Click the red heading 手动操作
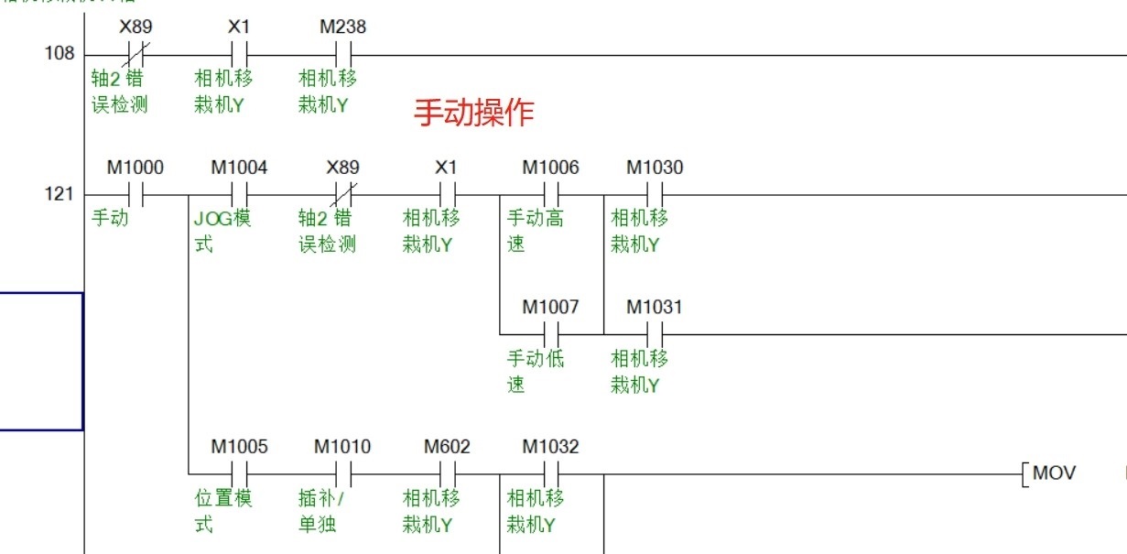(x=473, y=113)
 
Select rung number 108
(x=60, y=54)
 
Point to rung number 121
(x=60, y=195)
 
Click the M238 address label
(x=342, y=27)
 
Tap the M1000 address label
(x=135, y=168)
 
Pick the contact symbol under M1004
(x=240, y=195)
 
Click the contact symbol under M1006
(x=551, y=195)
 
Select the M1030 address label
(x=655, y=168)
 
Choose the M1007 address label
(x=551, y=308)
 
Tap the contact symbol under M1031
(x=655, y=334)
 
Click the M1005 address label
(x=240, y=447)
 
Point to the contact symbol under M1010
(x=343, y=474)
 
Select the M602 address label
(x=447, y=447)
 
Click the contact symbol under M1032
(x=551, y=474)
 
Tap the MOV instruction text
(x=1054, y=473)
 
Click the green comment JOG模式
(x=223, y=232)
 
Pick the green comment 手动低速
(x=536, y=371)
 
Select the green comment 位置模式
(x=223, y=511)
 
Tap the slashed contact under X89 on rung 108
(x=136, y=54)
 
